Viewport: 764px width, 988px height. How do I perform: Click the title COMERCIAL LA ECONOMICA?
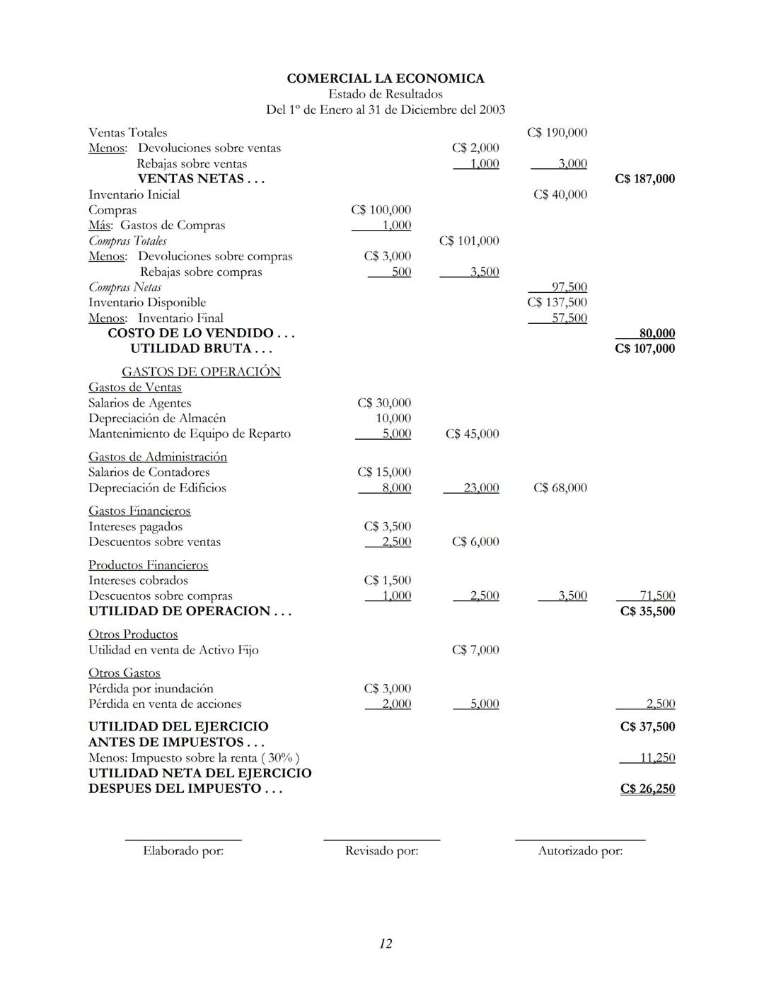coord(385,79)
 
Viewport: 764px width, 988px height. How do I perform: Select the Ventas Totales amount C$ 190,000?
coord(557,132)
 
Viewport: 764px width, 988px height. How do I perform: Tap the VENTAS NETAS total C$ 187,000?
coord(644,179)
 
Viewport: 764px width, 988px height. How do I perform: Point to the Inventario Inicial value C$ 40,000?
coord(560,194)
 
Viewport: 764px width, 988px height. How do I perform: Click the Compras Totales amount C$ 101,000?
coord(468,240)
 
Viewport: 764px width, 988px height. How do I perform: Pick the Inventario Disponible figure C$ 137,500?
coord(557,302)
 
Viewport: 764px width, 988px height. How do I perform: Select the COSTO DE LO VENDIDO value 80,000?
coord(656,333)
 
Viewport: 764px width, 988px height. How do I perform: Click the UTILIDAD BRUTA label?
coord(200,349)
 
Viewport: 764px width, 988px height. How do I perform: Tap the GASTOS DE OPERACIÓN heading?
coord(201,371)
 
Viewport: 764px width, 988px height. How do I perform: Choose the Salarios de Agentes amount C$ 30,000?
coord(383,402)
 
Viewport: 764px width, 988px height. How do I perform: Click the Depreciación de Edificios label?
coord(157,488)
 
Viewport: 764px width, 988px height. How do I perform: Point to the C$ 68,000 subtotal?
coord(560,488)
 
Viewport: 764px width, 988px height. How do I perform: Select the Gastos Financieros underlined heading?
coord(139,511)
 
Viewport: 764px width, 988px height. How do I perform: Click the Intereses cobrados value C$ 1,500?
coord(387,580)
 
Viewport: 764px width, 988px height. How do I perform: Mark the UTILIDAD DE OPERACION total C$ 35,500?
coord(647,611)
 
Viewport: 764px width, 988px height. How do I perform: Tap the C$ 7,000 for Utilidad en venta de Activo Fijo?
coord(475,650)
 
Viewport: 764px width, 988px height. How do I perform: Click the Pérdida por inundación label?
coord(151,688)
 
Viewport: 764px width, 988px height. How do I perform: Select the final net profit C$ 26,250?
coord(647,789)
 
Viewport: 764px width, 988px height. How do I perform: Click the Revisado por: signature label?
coord(381,851)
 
